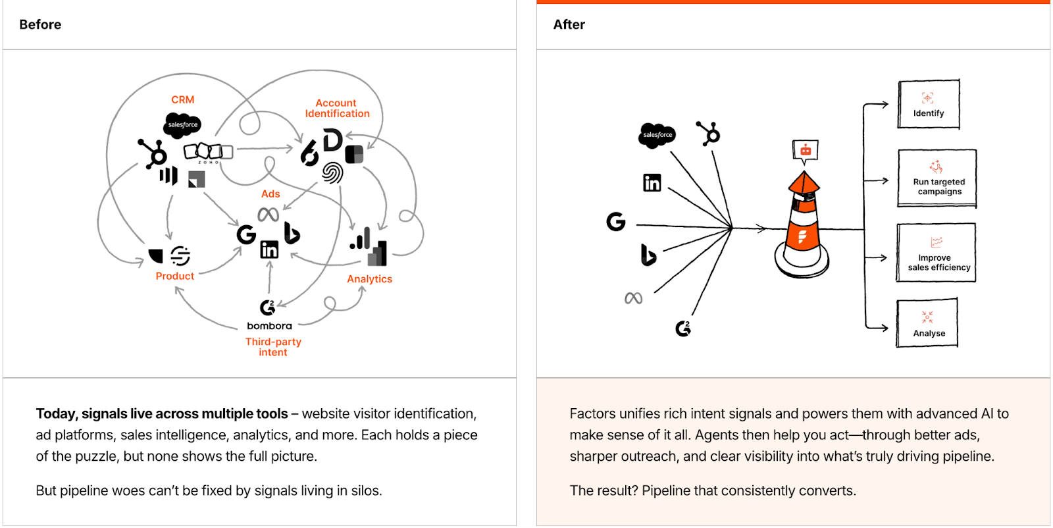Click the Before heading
[40, 24]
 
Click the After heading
[569, 24]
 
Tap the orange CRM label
[182, 99]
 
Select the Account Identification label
[337, 108]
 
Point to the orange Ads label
[270, 194]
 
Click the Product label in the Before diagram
[174, 276]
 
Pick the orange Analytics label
[369, 279]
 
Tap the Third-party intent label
[273, 347]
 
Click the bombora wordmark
[269, 326]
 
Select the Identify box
[929, 105]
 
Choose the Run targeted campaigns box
[937, 178]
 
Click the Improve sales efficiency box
[937, 253]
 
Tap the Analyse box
[927, 323]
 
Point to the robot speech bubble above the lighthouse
[806, 150]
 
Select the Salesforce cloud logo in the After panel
[657, 135]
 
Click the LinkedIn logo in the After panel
[652, 182]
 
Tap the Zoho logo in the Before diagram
[208, 152]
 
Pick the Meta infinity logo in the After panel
[633, 298]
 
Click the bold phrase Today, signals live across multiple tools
[162, 413]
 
